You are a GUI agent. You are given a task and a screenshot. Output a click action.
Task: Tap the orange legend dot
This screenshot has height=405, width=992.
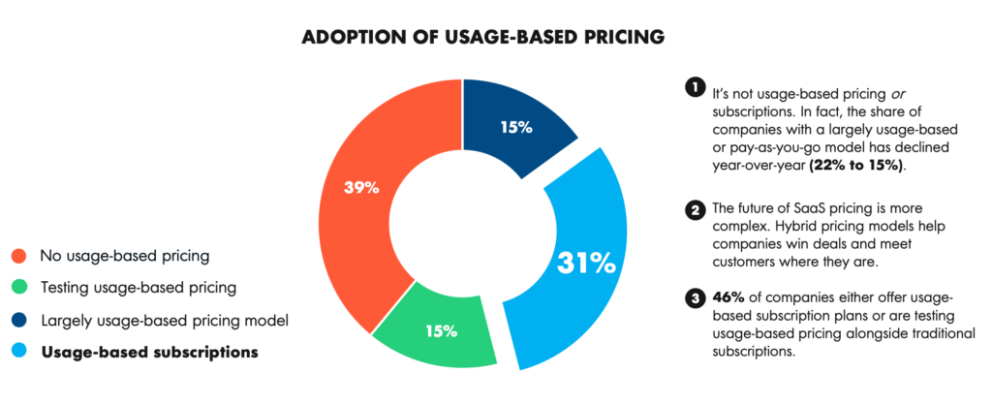tap(17, 257)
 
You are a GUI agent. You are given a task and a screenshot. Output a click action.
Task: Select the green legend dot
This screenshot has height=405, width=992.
tap(17, 288)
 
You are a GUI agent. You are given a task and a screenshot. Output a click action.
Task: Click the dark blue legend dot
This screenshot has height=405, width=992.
tap(17, 319)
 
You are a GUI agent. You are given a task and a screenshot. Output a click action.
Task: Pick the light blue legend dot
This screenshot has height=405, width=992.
tap(17, 351)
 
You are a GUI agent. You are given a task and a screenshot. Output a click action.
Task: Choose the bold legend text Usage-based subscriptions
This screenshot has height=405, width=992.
tap(149, 351)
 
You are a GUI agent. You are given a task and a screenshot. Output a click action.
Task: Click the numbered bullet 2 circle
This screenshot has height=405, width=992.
tap(693, 210)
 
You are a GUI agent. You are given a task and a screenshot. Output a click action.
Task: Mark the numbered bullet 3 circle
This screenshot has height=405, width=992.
tap(693, 297)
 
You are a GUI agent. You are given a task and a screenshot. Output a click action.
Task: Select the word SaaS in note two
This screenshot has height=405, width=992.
tap(798, 209)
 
